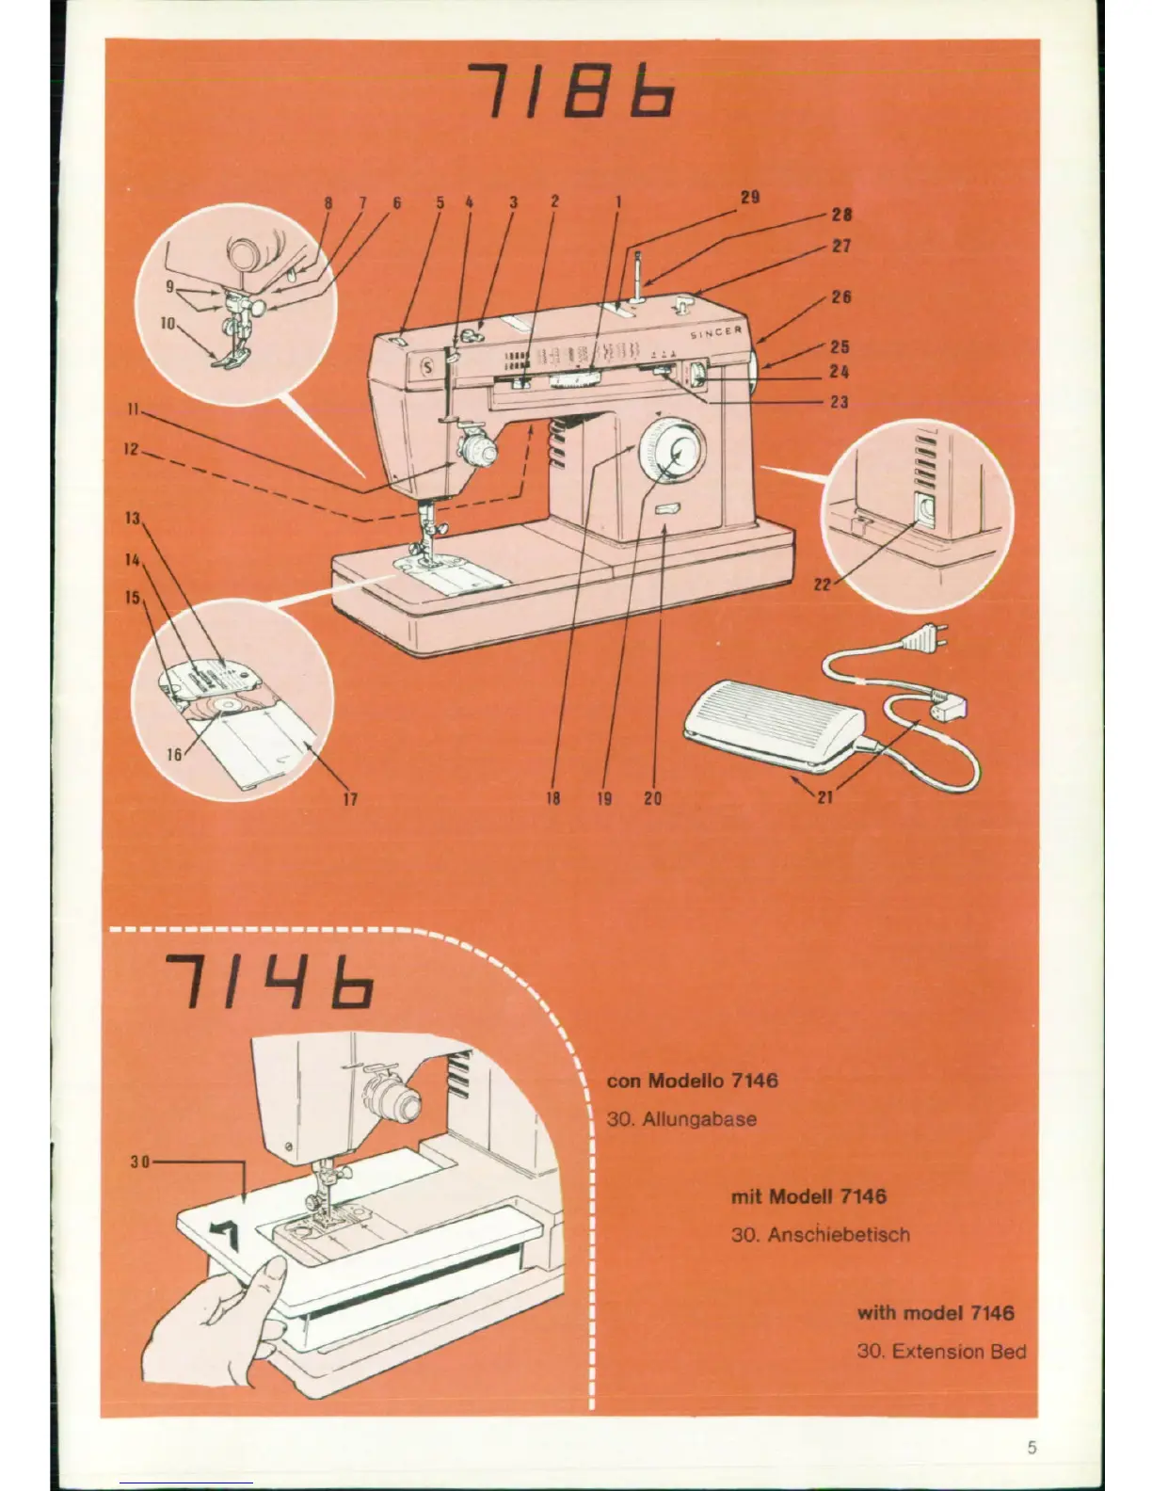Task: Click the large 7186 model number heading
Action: [x=571, y=92]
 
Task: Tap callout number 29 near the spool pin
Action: [x=750, y=198]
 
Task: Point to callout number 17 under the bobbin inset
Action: [x=350, y=799]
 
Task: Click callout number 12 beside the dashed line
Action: [x=132, y=450]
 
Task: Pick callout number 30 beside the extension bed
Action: [x=141, y=1161]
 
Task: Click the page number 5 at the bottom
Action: [x=1032, y=1421]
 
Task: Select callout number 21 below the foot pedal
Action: [x=825, y=798]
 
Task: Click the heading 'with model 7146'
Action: [x=935, y=1312]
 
